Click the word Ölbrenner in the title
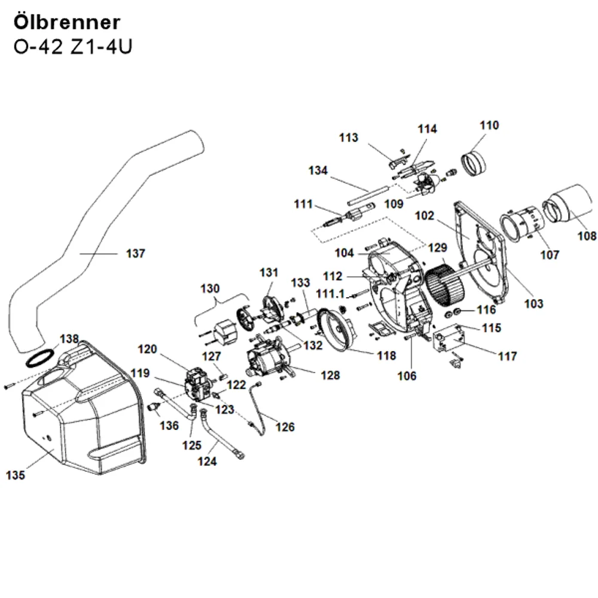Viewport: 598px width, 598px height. [67, 22]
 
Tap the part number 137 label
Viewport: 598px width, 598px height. [135, 254]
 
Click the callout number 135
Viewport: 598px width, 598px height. [16, 475]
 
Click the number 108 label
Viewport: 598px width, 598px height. [587, 236]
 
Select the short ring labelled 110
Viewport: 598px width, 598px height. [474, 163]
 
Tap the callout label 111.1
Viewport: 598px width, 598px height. [330, 294]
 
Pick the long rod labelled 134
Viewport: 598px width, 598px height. [368, 195]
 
